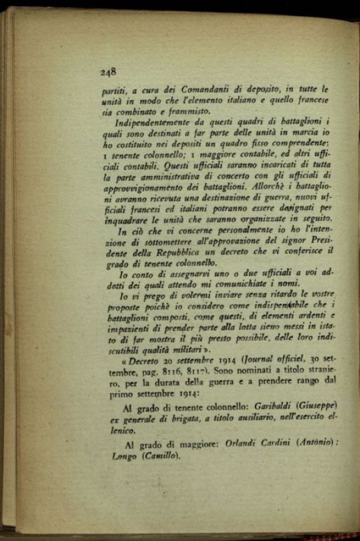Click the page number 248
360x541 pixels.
(x=108, y=71)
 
